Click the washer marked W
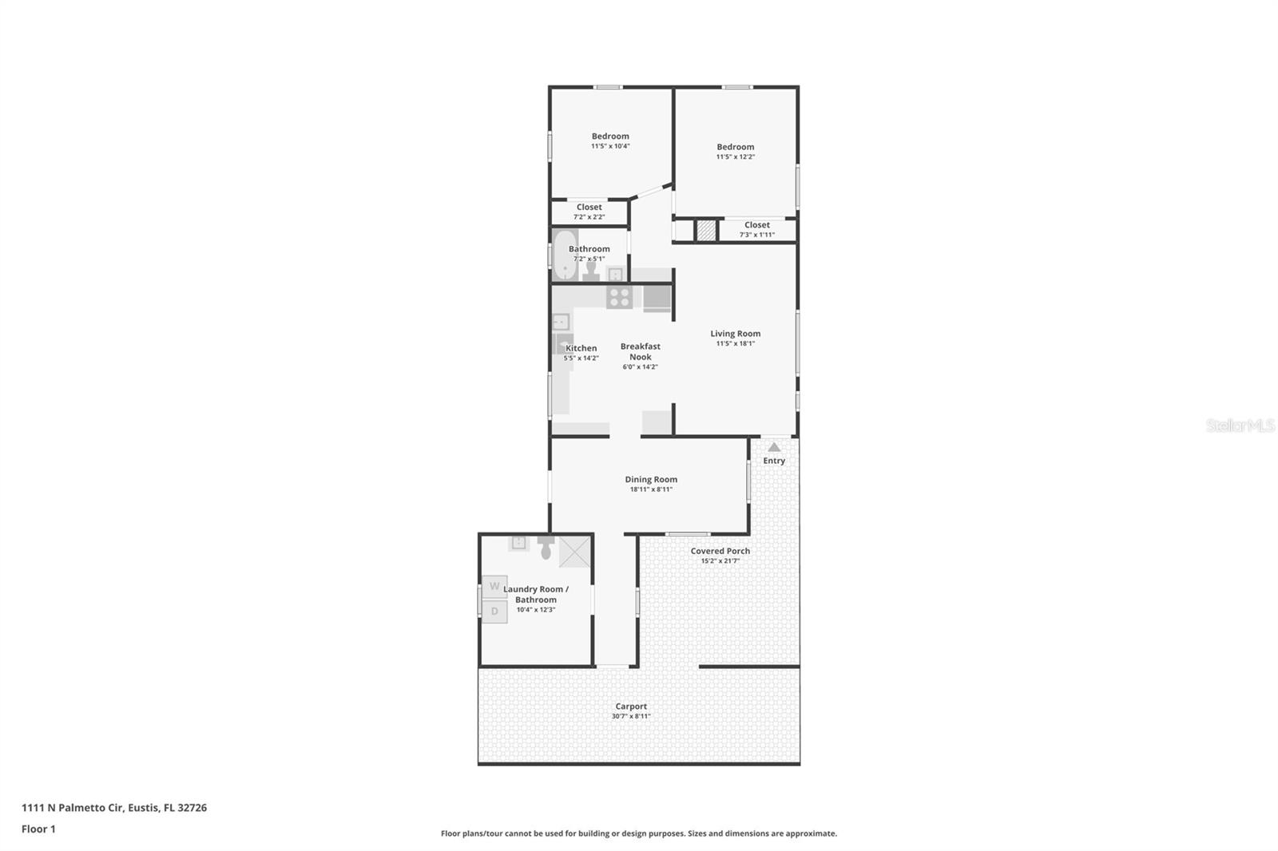pyautogui.click(x=494, y=587)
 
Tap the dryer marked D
pyautogui.click(x=494, y=612)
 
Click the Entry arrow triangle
pyautogui.click(x=774, y=447)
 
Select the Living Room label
pyautogui.click(x=735, y=334)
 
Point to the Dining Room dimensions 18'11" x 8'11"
pyautogui.click(x=651, y=489)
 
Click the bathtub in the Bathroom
pyautogui.click(x=565, y=255)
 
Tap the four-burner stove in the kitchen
pyautogui.click(x=619, y=298)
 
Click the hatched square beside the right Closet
pyautogui.click(x=705, y=231)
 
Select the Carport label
pyautogui.click(x=631, y=707)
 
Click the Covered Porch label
pyautogui.click(x=720, y=551)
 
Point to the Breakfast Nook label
pyautogui.click(x=641, y=351)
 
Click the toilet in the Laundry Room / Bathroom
pyautogui.click(x=546, y=548)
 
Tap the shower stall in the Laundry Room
pyautogui.click(x=575, y=551)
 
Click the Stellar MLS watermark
pyautogui.click(x=1240, y=425)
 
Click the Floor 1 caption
pyautogui.click(x=38, y=829)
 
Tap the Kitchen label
pyautogui.click(x=581, y=348)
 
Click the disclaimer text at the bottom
pyautogui.click(x=639, y=833)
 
